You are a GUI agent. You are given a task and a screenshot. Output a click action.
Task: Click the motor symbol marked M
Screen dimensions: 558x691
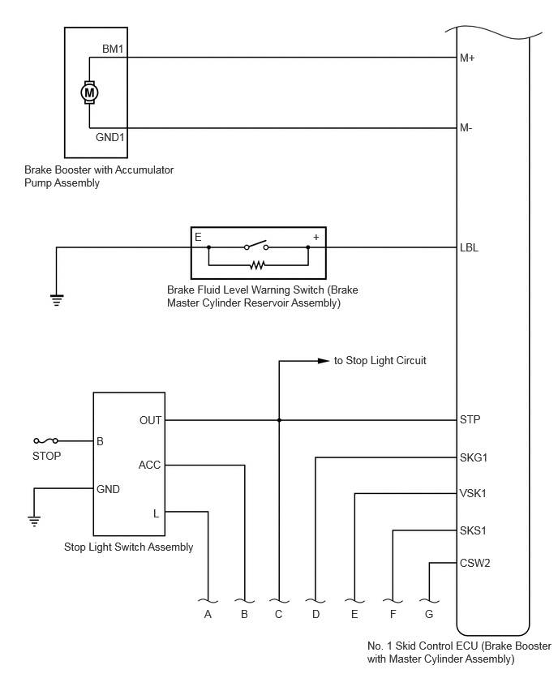[x=89, y=92]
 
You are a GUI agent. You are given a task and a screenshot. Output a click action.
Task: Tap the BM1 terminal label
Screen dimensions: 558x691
[x=113, y=49]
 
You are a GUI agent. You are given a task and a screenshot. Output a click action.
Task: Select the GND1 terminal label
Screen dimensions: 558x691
[x=109, y=138]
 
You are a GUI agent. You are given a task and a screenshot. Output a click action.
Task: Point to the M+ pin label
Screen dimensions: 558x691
[x=467, y=58]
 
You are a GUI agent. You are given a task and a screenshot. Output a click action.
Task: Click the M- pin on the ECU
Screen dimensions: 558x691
[x=466, y=128]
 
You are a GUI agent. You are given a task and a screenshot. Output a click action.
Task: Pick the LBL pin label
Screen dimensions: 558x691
[x=469, y=247]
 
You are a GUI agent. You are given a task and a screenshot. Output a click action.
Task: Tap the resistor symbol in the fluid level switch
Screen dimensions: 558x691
[x=258, y=265]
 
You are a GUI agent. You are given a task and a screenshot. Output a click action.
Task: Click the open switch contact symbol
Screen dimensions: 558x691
[x=256, y=246]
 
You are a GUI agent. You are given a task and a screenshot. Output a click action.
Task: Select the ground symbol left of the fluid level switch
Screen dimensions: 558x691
[x=57, y=300]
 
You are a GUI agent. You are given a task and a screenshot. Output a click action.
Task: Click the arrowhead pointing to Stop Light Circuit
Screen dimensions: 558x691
[x=324, y=361]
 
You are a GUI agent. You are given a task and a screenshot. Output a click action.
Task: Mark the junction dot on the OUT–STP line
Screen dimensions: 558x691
[x=279, y=420]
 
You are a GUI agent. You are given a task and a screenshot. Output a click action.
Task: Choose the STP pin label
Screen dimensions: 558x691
[x=470, y=419]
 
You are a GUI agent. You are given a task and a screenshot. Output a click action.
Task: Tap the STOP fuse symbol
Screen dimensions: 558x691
[x=46, y=440]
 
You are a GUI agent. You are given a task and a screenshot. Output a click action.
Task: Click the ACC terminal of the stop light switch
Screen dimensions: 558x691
[x=149, y=465]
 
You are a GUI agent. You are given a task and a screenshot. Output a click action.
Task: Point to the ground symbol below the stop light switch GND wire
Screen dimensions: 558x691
[x=34, y=521]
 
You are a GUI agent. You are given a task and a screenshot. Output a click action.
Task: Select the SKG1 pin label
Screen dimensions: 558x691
[x=474, y=458]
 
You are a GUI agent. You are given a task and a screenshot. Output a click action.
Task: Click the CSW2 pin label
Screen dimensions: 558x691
[x=474, y=563]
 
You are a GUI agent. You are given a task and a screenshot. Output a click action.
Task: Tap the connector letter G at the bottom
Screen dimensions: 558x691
[x=429, y=614]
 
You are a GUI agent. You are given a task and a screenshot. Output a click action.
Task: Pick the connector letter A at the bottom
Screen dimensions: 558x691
[x=208, y=614]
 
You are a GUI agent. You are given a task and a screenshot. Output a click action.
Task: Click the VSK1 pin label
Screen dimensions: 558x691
[x=473, y=493]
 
